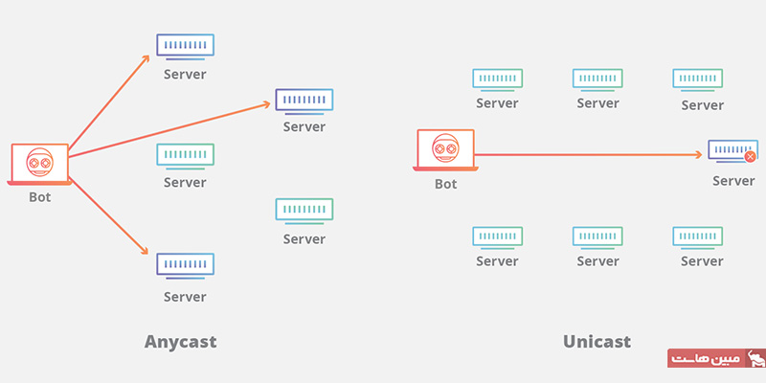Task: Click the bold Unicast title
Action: tap(597, 341)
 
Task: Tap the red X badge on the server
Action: tap(750, 156)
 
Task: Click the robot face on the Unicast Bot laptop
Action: tap(445, 147)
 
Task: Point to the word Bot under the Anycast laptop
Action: tap(39, 197)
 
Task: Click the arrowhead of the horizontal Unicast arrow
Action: tap(701, 154)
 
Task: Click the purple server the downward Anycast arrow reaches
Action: tap(185, 264)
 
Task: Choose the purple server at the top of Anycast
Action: tap(185, 45)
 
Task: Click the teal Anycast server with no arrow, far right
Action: tap(304, 210)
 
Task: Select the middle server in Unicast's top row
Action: tap(597, 78)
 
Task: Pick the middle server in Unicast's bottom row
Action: tap(597, 236)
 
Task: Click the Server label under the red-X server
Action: tap(733, 181)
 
